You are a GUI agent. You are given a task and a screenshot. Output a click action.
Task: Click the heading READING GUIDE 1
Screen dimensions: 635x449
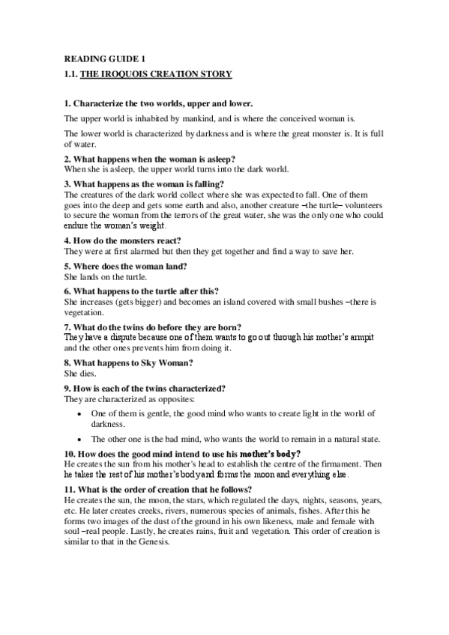[x=97, y=58]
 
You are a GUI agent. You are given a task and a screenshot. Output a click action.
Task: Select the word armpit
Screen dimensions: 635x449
[x=358, y=338]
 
